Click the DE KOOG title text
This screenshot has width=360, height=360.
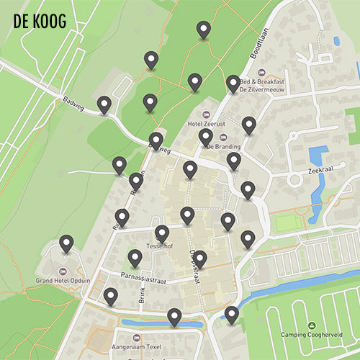[x=40, y=22]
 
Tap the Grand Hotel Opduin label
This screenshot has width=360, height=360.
[x=63, y=280]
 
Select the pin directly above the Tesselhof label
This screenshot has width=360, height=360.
[x=162, y=233]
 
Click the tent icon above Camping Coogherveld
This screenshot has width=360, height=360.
[x=310, y=325]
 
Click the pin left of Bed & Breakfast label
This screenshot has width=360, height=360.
[x=233, y=83]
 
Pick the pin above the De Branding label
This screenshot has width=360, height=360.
[x=206, y=135]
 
